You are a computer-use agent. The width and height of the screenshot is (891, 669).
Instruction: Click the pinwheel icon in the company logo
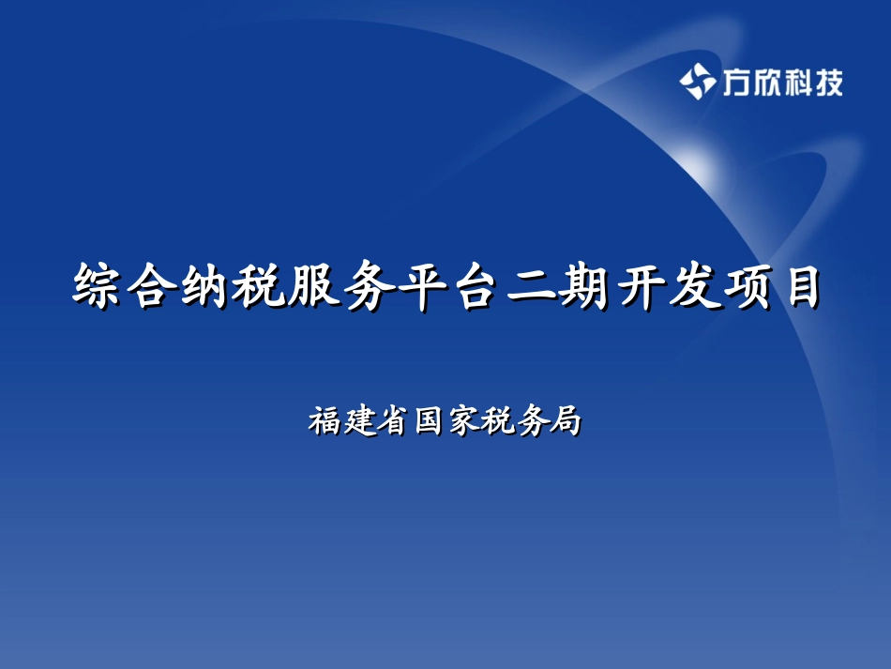pyautogui.click(x=697, y=83)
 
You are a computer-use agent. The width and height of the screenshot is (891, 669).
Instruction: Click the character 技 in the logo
pyautogui.click(x=828, y=84)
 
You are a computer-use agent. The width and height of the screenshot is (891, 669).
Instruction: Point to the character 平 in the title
pyautogui.click(x=418, y=286)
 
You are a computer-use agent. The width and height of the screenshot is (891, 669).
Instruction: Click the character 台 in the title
pyautogui.click(x=471, y=286)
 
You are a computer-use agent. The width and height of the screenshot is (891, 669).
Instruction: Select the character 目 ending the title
pyautogui.click(x=798, y=286)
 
